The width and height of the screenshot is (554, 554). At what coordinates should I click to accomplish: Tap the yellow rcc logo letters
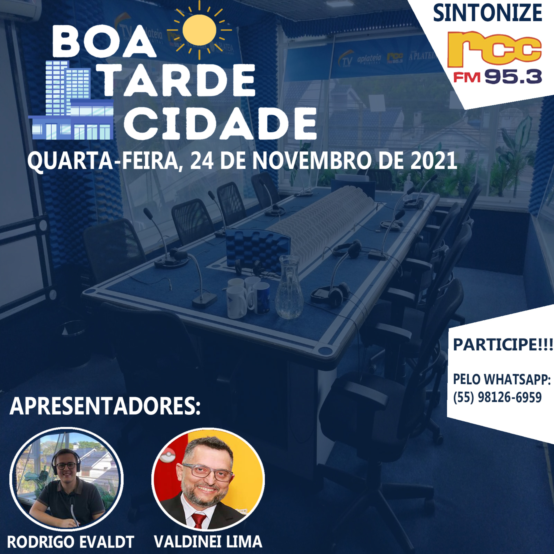pyautogui.click(x=494, y=49)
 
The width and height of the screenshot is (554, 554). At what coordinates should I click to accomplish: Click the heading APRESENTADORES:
pyautogui.click(x=105, y=406)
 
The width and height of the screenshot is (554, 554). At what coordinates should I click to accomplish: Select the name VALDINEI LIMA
pyautogui.click(x=208, y=541)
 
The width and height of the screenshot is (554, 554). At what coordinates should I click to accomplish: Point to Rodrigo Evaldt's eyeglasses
pyautogui.click(x=66, y=466)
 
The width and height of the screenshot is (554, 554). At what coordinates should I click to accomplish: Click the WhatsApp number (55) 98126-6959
pyautogui.click(x=497, y=397)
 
